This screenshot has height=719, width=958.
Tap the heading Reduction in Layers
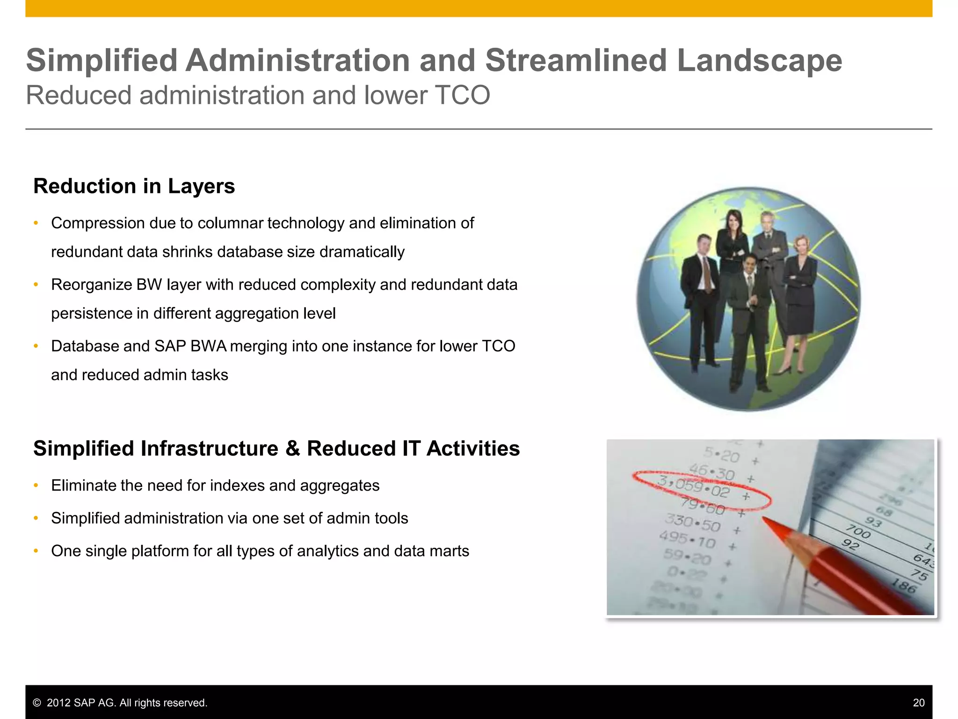click(x=134, y=186)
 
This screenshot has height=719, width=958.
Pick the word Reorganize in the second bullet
click(x=91, y=285)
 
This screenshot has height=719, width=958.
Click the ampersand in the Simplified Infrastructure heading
click(x=292, y=449)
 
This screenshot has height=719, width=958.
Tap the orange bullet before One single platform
click(x=36, y=551)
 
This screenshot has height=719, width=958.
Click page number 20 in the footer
click(x=918, y=703)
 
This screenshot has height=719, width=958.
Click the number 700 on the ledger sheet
click(x=857, y=532)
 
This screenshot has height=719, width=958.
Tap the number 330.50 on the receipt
click(x=692, y=523)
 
